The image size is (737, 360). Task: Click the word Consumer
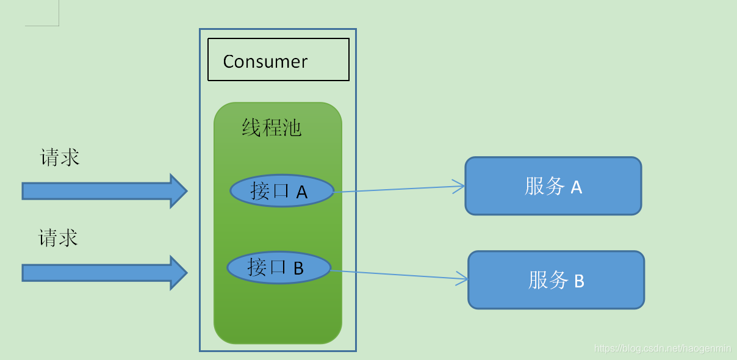tap(265, 62)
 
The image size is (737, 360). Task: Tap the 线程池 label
tap(271, 128)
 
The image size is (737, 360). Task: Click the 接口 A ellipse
tap(282, 191)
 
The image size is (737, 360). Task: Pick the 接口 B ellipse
tap(279, 267)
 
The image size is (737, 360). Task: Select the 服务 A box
tap(553, 186)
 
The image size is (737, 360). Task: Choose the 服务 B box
tap(556, 280)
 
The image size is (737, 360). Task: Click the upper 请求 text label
tap(60, 157)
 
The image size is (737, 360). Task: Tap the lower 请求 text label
tap(59, 237)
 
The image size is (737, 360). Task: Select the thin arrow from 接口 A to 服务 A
tap(397, 189)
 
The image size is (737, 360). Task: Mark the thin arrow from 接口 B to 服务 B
tap(397, 275)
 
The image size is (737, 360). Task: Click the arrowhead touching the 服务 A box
tap(459, 186)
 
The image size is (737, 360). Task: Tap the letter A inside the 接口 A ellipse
tap(301, 193)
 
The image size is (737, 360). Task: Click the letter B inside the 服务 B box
tap(578, 281)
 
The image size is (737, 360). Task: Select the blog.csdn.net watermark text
tap(662, 348)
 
